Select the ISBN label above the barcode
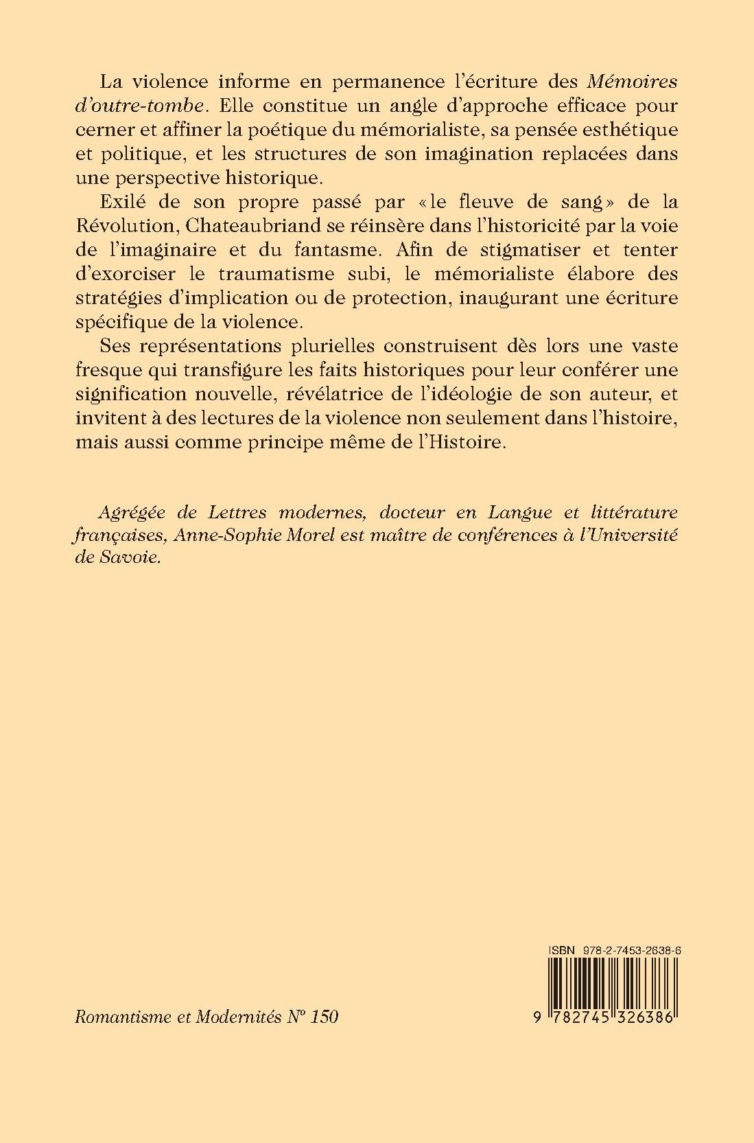[x=561, y=949]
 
